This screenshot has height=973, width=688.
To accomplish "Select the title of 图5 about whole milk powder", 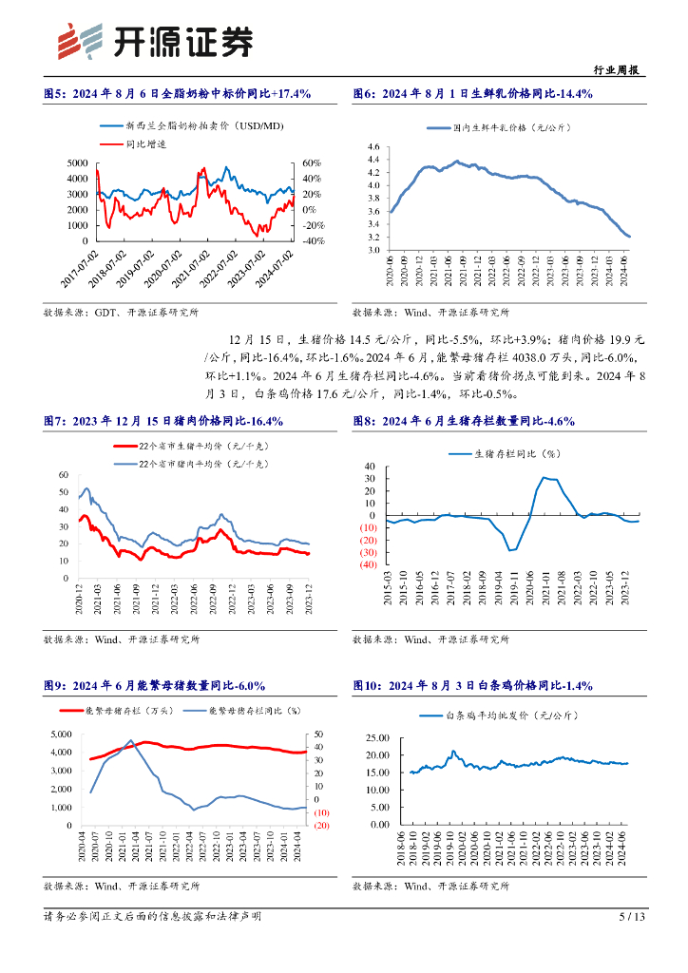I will click(x=178, y=93).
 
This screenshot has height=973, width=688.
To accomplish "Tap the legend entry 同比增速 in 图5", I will click(x=144, y=143).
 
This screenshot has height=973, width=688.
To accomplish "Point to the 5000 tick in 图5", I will click(x=79, y=163).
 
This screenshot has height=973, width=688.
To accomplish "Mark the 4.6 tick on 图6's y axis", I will click(x=373, y=147).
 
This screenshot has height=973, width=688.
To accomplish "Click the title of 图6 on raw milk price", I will click(x=473, y=93).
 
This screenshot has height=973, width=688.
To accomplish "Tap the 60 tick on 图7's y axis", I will click(x=64, y=475).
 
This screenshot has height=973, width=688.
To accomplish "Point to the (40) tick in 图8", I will click(x=365, y=565).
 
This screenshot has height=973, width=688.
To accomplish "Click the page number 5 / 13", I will click(x=632, y=917).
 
